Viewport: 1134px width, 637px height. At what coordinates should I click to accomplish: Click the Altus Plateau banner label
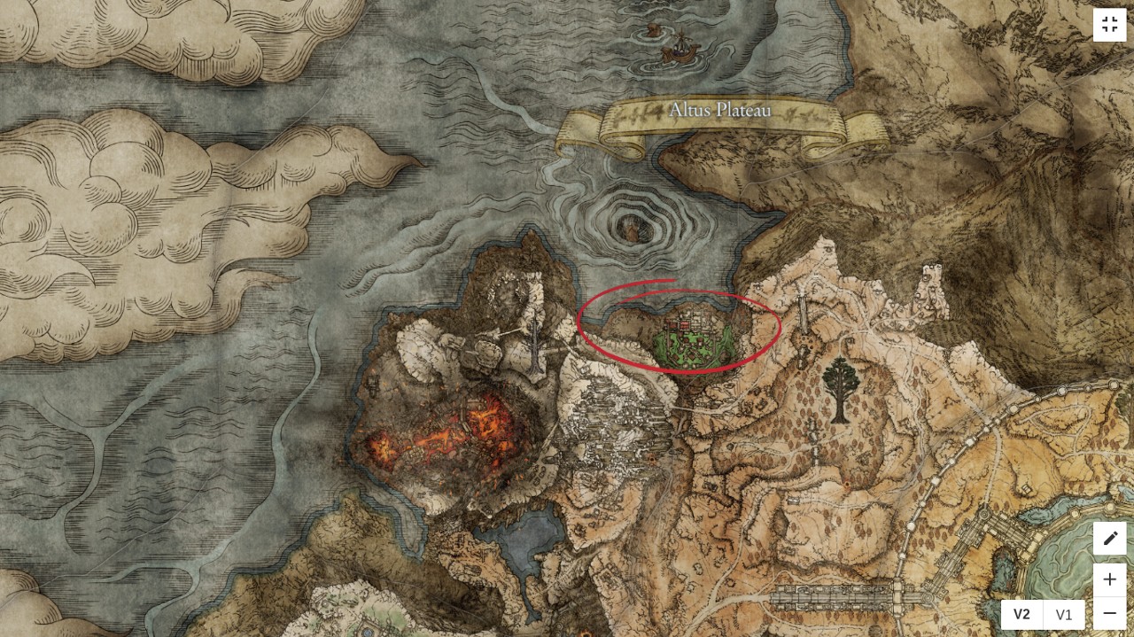click(x=719, y=112)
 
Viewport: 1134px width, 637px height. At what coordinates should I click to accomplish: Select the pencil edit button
click(x=1109, y=538)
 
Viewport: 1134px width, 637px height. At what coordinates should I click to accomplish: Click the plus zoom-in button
click(x=1109, y=579)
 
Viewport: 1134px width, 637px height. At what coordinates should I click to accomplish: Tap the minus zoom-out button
click(x=1109, y=613)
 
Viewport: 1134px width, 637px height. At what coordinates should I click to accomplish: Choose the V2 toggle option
click(x=1021, y=615)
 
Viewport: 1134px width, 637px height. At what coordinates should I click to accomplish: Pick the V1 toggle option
click(x=1064, y=615)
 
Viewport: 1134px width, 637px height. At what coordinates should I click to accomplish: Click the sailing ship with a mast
click(x=678, y=48)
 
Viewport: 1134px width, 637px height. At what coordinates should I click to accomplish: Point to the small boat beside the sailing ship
click(x=653, y=30)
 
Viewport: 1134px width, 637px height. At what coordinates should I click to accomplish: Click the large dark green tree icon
click(x=837, y=390)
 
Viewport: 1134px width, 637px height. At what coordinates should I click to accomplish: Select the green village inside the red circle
click(x=695, y=341)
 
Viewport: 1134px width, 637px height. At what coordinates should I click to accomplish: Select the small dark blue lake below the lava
click(x=529, y=537)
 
